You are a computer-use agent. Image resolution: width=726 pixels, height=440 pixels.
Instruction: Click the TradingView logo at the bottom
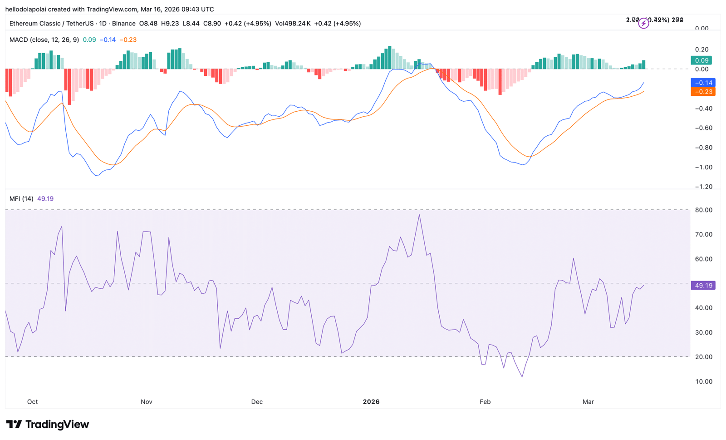[47, 425]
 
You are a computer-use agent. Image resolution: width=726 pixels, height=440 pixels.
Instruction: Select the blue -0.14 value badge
[703, 83]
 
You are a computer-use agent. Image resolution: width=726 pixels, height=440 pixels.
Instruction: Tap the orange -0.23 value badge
[703, 92]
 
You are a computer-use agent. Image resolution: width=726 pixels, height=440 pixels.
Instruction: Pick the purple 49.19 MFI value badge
[703, 286]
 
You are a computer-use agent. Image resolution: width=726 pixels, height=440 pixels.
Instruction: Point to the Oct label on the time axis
[32, 402]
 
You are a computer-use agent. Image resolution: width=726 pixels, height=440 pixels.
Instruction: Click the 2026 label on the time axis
[371, 402]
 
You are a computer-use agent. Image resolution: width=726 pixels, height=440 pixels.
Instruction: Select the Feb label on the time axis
[485, 402]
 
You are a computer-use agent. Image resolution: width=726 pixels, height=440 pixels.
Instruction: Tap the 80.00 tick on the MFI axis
[704, 210]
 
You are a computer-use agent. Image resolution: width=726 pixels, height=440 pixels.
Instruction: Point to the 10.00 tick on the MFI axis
[704, 381]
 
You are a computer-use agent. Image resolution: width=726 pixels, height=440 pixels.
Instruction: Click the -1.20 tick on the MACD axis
[704, 187]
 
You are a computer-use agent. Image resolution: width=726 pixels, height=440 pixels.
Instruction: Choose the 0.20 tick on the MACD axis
[701, 49]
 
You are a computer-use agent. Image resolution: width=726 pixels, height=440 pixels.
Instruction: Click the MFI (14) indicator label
[21, 199]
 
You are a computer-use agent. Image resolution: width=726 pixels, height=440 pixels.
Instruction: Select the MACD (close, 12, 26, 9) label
[44, 40]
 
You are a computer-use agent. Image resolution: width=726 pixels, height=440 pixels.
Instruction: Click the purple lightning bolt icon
[643, 24]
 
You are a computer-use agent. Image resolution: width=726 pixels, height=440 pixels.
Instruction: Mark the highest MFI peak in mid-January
[419, 215]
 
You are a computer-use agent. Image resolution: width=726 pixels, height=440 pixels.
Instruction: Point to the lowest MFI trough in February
[522, 376]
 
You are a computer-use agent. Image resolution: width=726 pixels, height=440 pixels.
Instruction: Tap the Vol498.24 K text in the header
[293, 24]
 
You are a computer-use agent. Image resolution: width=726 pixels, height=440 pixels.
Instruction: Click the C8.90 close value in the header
[212, 24]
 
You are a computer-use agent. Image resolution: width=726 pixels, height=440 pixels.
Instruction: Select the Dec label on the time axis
[257, 402]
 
